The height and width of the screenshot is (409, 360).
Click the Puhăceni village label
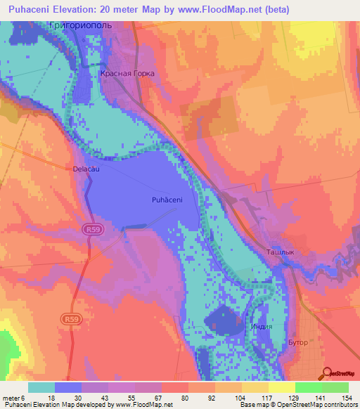click(x=167, y=200)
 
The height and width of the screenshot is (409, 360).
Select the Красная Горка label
click(x=127, y=73)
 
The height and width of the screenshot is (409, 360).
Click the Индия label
click(x=257, y=327)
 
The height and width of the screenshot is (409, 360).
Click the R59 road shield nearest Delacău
click(x=91, y=229)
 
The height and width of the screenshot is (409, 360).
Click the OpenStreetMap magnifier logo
click(x=326, y=373)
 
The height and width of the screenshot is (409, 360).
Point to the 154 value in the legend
click(x=347, y=397)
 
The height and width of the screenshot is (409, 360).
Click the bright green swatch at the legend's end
click(x=335, y=387)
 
